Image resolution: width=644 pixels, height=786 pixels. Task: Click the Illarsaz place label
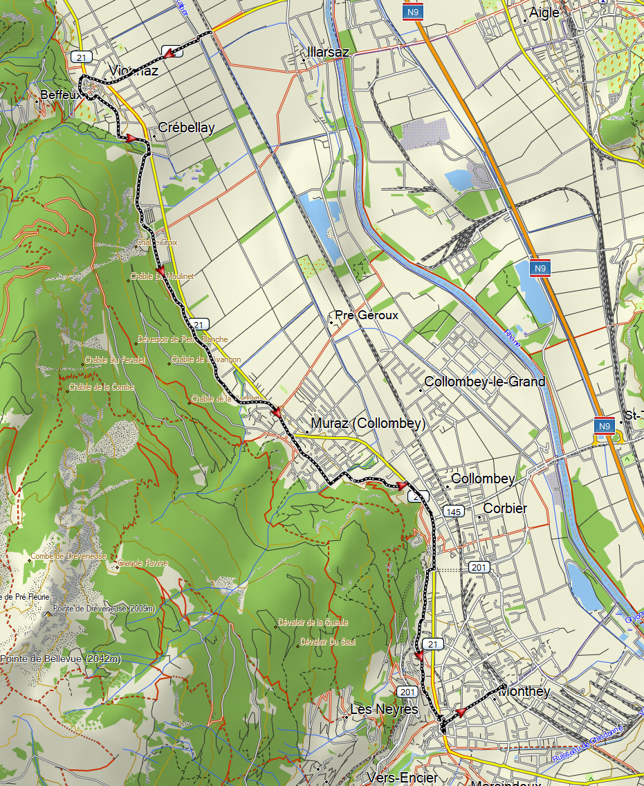point(329,52)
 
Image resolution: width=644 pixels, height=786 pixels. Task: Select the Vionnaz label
point(134,71)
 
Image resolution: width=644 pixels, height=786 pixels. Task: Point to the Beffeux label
point(62,94)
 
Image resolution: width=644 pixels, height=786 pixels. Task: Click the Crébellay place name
point(186,127)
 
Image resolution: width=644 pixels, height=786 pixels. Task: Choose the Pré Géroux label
point(367,315)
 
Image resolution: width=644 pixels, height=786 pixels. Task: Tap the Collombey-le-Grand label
point(484,382)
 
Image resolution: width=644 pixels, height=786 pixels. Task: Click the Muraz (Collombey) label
point(368,423)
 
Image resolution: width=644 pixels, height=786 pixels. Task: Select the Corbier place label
point(505,508)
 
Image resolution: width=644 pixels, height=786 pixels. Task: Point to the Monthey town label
point(524,691)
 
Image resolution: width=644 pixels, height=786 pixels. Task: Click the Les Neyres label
point(384,709)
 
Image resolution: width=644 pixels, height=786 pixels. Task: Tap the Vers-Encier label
point(403,777)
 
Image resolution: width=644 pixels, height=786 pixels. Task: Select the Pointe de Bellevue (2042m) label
point(60,659)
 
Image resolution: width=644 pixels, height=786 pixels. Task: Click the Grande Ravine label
point(143,563)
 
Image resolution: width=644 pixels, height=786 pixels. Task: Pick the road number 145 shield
point(454,512)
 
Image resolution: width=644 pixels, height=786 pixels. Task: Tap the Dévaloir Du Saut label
point(328,643)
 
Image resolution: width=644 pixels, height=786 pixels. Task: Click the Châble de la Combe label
point(102,386)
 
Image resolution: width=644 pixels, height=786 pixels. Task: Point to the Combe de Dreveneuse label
point(68,556)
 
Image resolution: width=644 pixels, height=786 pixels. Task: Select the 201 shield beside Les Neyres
point(407,692)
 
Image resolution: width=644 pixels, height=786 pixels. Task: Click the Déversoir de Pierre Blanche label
point(183,339)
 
